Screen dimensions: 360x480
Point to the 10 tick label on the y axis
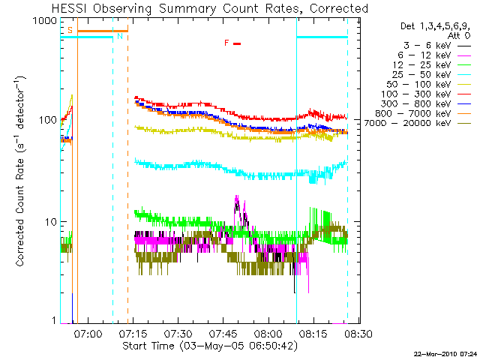52,222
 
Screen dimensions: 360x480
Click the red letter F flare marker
226,43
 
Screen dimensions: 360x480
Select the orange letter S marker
70,30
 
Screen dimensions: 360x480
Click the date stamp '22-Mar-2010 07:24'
445,353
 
